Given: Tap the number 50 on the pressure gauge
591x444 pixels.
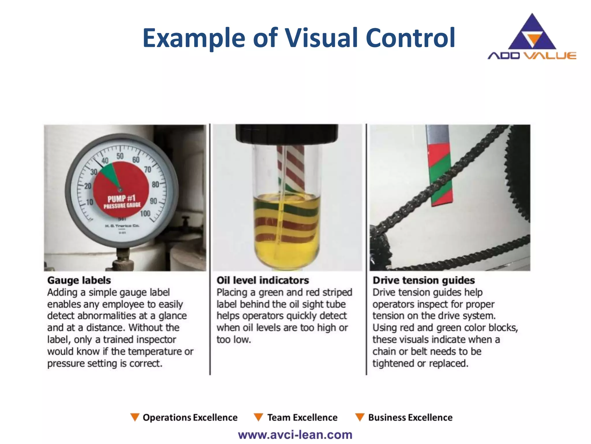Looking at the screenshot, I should point(120,156).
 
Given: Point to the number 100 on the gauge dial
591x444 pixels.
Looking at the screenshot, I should point(145,213).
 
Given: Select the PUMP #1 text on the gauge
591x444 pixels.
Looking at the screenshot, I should point(121,199).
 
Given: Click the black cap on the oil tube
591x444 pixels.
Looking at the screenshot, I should point(287,133).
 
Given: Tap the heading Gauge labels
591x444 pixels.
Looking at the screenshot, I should point(79,280).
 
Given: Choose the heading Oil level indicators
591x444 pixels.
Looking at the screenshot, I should point(263,280).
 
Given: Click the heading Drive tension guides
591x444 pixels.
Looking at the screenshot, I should point(423,280).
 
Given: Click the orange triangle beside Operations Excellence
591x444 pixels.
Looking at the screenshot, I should point(135,417).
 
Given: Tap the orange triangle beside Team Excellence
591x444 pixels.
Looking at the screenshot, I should point(258,417).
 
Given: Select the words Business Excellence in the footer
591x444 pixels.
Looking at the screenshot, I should point(410,417).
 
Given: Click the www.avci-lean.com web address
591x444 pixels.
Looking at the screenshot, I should point(295,435).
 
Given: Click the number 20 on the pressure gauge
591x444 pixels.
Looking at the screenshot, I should point(88,186).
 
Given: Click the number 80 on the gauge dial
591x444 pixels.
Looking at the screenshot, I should point(156,184).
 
